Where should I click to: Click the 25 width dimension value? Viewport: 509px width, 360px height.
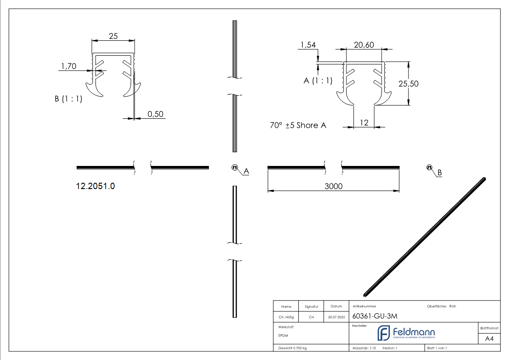113,36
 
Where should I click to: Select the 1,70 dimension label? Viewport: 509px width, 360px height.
68,67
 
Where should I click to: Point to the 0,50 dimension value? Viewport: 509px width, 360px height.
155,114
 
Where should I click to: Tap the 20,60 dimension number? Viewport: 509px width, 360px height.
364,45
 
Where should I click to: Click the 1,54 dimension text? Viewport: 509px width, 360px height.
307,45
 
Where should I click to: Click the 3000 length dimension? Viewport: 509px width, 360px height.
334,186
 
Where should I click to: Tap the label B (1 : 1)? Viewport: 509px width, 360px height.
68,98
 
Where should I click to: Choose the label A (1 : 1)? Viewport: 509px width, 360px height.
318,81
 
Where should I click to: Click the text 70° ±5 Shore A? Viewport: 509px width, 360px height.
298,125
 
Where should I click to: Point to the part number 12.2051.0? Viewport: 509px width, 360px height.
95,186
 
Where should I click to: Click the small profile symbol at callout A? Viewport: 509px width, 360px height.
235,168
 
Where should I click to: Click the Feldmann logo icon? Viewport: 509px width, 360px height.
383,333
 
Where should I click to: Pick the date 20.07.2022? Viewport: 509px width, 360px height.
336,317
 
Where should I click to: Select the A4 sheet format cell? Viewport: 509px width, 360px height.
490,339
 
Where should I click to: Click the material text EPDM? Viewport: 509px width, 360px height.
283,336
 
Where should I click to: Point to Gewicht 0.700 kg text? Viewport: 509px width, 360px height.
292,348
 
